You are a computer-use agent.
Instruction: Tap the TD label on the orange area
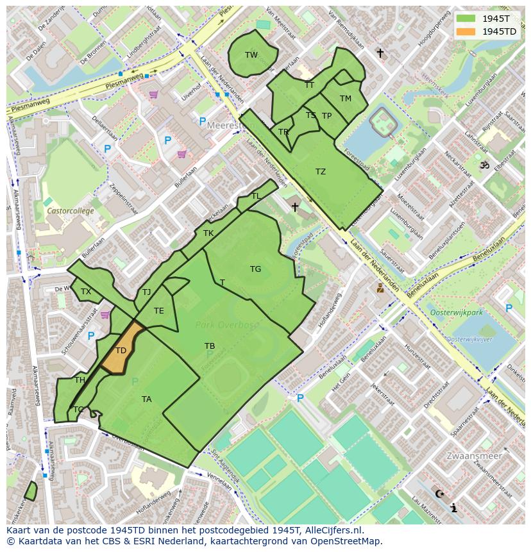pos(121,351)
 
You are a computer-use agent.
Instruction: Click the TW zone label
pos(251,55)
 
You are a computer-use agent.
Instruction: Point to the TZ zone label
pos(321,172)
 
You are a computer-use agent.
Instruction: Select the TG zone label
pos(255,269)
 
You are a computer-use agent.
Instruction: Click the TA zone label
pos(146,399)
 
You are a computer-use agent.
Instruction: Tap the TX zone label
pos(86,292)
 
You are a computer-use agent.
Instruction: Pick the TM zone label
pos(346,99)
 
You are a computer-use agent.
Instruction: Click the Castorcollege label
pos(70,211)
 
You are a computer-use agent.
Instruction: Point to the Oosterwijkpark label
pos(457,312)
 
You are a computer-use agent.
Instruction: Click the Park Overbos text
pos(227,325)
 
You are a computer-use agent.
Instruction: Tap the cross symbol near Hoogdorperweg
pos(380,53)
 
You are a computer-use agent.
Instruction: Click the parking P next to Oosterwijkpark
pos(509,308)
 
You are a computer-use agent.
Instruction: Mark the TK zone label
pos(208,233)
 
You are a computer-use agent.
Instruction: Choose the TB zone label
pos(210,346)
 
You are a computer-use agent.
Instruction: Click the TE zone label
pos(159,311)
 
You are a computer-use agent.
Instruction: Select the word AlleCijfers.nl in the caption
pos(333,530)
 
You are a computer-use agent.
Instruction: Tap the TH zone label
pos(80,380)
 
